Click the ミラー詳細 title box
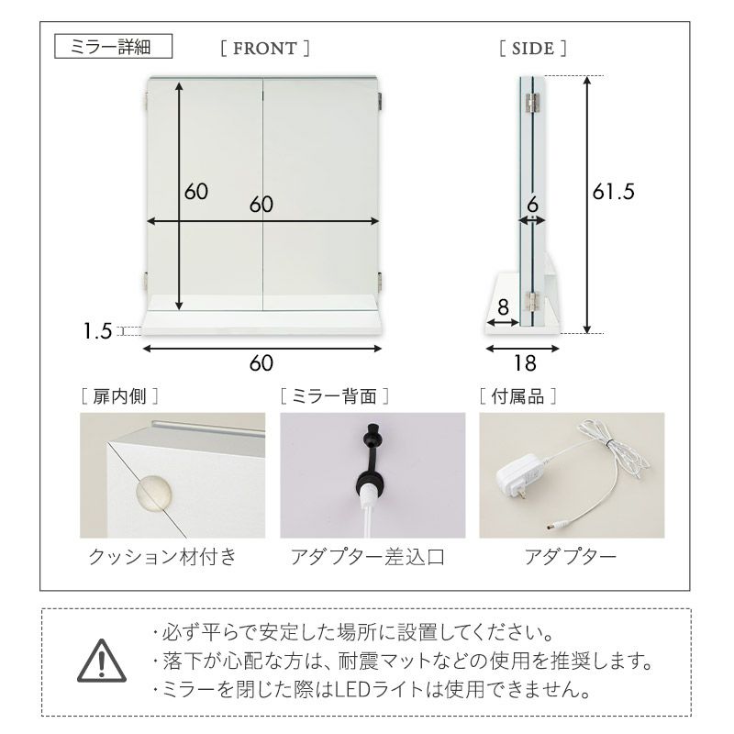pyautogui.click(x=113, y=47)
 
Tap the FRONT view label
pyautogui.click(x=265, y=49)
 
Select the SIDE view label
pyautogui.click(x=533, y=49)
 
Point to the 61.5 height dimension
pyautogui.click(x=613, y=192)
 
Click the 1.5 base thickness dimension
pyautogui.click(x=97, y=331)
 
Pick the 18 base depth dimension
pyautogui.click(x=525, y=363)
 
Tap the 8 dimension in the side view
pyautogui.click(x=503, y=307)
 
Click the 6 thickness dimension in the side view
pyautogui.click(x=533, y=205)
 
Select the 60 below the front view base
pyautogui.click(x=261, y=363)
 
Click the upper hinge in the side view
pyautogui.click(x=532, y=103)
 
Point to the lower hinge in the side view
pyautogui.click(x=532, y=301)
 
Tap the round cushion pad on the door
pyautogui.click(x=153, y=495)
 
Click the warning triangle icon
pyautogui.click(x=102, y=661)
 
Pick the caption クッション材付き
pyautogui.click(x=162, y=557)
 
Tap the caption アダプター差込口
pyautogui.click(x=368, y=557)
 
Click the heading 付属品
pyautogui.click(x=517, y=396)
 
